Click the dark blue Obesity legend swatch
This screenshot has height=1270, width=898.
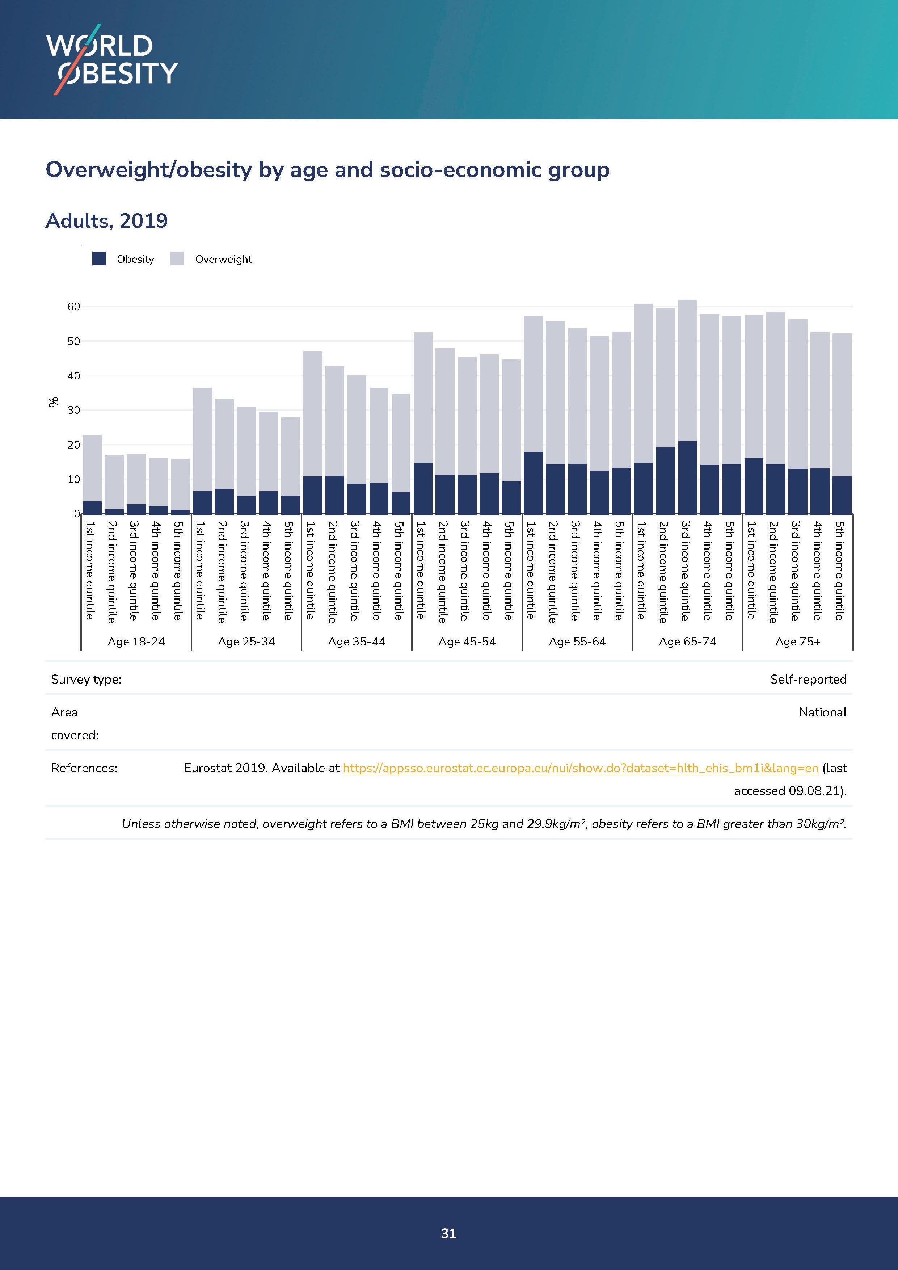click(x=99, y=259)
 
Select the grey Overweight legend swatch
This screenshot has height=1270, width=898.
click(x=177, y=259)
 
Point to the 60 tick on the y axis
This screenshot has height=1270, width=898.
click(x=73, y=306)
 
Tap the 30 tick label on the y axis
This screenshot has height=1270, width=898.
click(x=73, y=411)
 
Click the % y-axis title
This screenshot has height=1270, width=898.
click(x=54, y=402)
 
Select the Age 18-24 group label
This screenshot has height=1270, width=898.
click(x=136, y=642)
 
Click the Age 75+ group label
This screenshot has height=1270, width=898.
click(x=797, y=642)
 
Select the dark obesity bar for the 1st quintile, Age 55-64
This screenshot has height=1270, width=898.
click(x=533, y=483)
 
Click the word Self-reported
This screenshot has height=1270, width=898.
click(x=808, y=679)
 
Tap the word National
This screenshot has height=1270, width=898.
click(x=822, y=712)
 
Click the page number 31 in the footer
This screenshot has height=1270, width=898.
click(x=448, y=1233)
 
